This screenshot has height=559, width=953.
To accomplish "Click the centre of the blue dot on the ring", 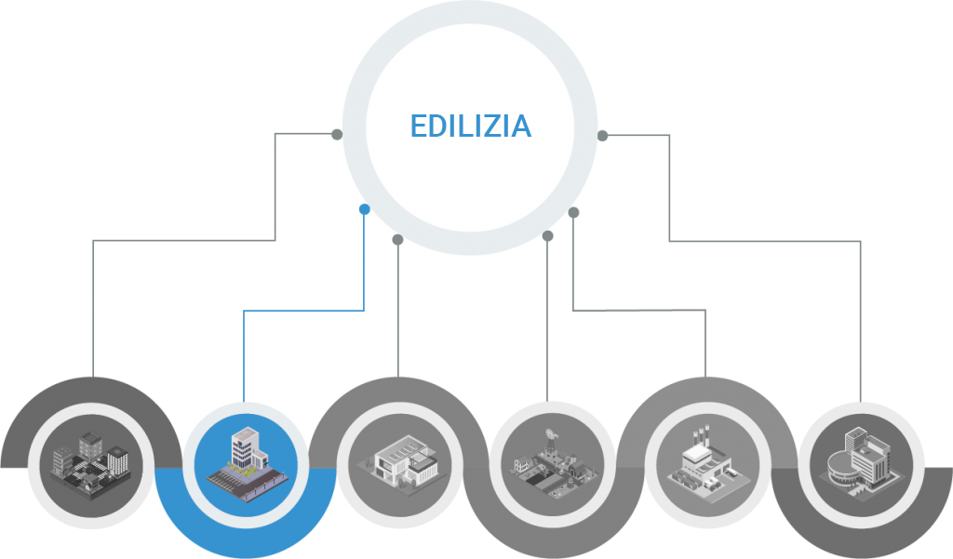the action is tap(365, 209).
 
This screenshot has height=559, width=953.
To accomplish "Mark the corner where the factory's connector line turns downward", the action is tap(705, 311).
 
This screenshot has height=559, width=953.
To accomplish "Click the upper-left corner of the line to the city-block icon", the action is tap(93, 241).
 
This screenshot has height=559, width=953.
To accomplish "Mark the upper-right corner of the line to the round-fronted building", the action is tap(860, 241).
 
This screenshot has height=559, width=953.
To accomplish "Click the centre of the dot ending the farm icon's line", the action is tap(547, 235).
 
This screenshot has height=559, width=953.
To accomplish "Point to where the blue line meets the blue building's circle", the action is tap(244, 402).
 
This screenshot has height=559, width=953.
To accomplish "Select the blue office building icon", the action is tap(246, 465).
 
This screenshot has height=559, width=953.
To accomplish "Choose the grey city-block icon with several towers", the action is tap(90, 466).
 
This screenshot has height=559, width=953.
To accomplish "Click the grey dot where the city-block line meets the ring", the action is tap(337, 134).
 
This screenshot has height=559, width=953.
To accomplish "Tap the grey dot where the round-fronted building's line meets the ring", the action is tap(602, 136).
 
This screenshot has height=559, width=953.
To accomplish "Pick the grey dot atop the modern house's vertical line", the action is tap(397, 240).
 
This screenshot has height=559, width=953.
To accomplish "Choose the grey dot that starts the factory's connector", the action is tap(573, 212).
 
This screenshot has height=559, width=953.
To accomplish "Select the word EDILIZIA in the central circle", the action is tap(471, 126).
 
